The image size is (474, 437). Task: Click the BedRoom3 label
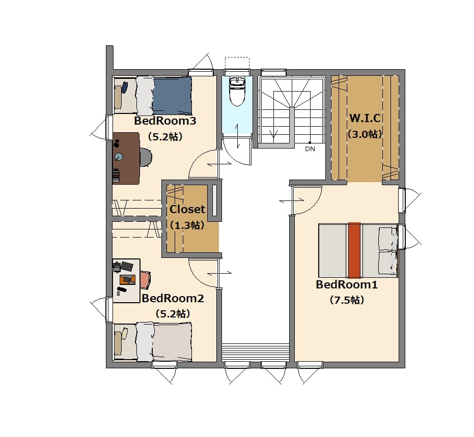pyautogui.click(x=165, y=121)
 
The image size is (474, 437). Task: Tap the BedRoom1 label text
pyautogui.click(x=347, y=284)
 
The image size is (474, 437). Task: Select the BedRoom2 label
pyautogui.click(x=173, y=299)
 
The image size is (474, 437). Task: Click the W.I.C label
pyautogui.click(x=365, y=118)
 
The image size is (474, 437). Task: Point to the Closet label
pyautogui.click(x=187, y=209)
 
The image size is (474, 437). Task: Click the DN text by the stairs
pyautogui.click(x=310, y=149)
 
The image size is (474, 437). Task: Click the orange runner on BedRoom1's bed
pyautogui.click(x=354, y=250)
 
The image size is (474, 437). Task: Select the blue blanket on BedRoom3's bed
pyautogui.click(x=172, y=96)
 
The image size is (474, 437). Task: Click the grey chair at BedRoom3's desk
pyautogui.click(x=146, y=157)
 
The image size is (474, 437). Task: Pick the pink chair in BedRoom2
pyautogui.click(x=146, y=280)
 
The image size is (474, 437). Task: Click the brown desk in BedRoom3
pyautogui.click(x=126, y=158)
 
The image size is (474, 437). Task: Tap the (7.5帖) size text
pyautogui.click(x=347, y=300)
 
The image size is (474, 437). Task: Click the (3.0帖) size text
pyautogui.click(x=365, y=134)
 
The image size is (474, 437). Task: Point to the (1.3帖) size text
pyautogui.click(x=187, y=225)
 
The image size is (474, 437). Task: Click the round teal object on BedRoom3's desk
pyautogui.click(x=119, y=157)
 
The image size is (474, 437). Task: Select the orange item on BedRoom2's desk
pyautogui.click(x=127, y=280)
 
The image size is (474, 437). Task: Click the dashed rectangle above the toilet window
pyautogui.click(x=237, y=63)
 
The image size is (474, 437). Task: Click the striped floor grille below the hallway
pyautogui.click(x=256, y=352)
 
